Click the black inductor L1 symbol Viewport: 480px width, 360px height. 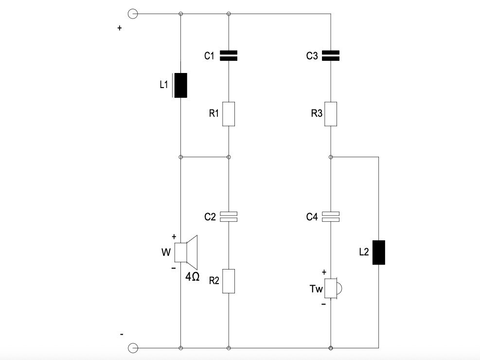click(180, 85)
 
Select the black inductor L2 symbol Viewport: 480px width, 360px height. click(378, 252)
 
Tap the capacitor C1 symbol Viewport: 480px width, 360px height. click(229, 55)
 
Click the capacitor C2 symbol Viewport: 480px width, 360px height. click(229, 216)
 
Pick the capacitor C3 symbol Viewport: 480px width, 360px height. click(331, 55)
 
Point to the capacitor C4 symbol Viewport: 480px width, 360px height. click(331, 216)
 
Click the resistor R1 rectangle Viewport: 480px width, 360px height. click(229, 114)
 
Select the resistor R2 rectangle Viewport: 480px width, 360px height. click(229, 281)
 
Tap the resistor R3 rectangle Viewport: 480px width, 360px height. click(331, 114)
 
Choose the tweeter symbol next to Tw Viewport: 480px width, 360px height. click(333, 288)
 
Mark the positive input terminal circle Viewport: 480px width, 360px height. click(132, 14)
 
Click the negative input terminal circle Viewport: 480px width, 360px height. click(132, 348)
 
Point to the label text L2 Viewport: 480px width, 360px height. click(364, 252)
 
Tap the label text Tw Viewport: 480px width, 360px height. click(316, 289)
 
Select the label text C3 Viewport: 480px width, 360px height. click(312, 56)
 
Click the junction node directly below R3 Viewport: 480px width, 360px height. click(331, 157)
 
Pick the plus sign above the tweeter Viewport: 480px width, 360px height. click(324, 272)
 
